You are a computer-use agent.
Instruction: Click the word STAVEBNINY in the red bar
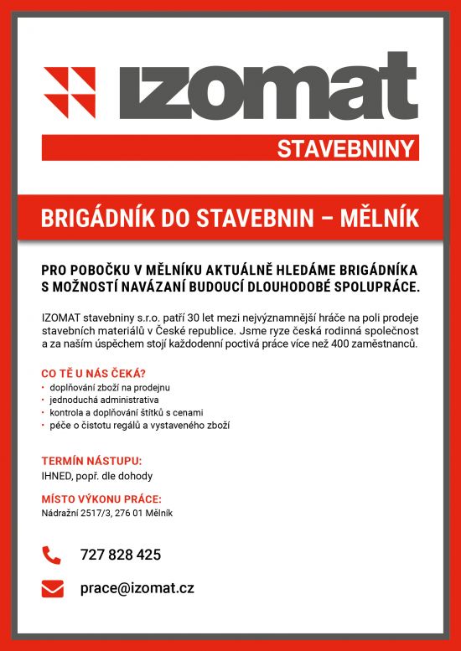click(x=346, y=150)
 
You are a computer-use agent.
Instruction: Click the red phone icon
click(x=52, y=555)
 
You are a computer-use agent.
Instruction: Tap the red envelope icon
click(x=52, y=588)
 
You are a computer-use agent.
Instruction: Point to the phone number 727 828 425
click(x=120, y=555)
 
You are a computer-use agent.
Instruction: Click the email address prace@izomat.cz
click(x=137, y=588)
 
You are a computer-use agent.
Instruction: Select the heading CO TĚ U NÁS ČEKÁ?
click(x=94, y=373)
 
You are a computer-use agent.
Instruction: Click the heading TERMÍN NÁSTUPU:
click(x=91, y=461)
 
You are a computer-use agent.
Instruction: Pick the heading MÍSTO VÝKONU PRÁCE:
click(x=101, y=500)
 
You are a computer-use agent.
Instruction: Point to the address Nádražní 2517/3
click(x=77, y=513)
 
